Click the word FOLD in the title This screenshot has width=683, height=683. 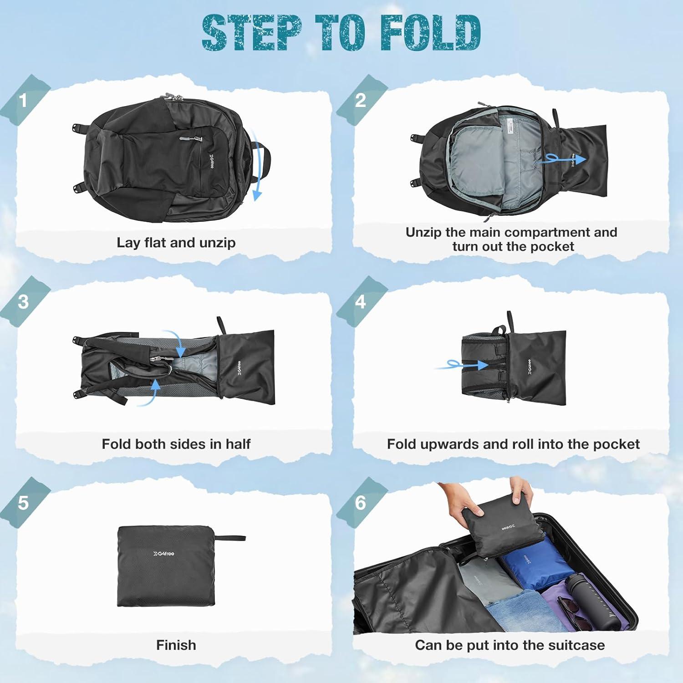[x=430, y=33]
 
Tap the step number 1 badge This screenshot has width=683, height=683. [x=23, y=101]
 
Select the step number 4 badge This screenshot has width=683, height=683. [x=360, y=302]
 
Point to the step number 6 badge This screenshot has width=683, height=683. [x=360, y=503]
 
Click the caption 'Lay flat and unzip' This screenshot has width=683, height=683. [x=176, y=242]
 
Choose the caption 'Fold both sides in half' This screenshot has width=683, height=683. [x=176, y=444]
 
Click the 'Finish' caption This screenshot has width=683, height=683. [x=176, y=645]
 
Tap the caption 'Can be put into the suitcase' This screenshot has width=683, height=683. [x=510, y=645]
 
